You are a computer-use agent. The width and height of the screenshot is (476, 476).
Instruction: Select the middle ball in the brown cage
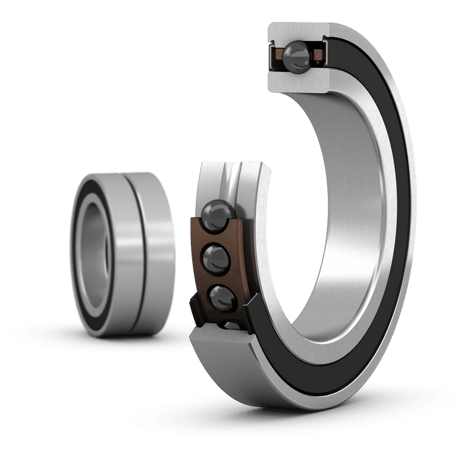(215, 258)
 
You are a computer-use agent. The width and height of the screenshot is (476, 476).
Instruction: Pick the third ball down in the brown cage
(220, 296)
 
